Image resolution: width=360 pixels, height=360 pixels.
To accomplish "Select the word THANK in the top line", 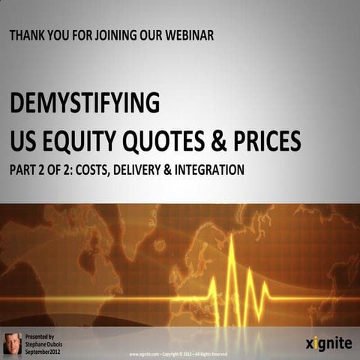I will pyautogui.click(x=30, y=35).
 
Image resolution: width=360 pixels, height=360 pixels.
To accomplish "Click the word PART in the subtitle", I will pyautogui.click(x=24, y=170).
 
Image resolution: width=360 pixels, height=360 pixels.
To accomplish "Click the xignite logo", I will pyautogui.click(x=327, y=343).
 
